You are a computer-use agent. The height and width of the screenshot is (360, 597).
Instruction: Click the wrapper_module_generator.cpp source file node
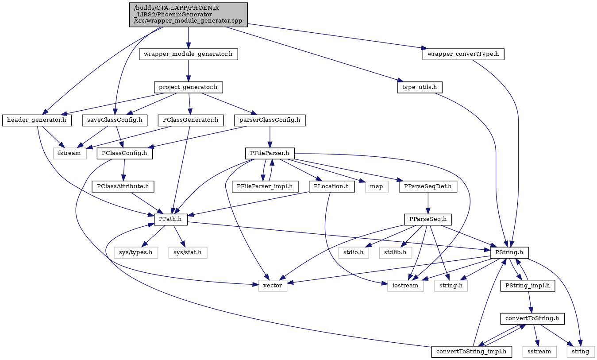click(x=189, y=15)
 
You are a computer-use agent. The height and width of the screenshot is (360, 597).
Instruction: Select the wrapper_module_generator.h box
click(x=188, y=54)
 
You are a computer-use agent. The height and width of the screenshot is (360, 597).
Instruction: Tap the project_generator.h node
click(x=188, y=87)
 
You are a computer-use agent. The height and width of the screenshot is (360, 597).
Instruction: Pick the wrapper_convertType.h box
click(x=463, y=54)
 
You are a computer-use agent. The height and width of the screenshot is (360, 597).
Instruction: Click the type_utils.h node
click(x=420, y=87)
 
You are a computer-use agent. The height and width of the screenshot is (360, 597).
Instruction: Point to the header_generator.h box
click(x=37, y=120)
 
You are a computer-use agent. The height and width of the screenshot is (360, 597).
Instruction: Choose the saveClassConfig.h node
click(x=115, y=120)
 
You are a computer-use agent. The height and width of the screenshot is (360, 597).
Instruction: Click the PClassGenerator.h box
click(x=191, y=120)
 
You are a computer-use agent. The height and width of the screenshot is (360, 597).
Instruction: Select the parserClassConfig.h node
click(x=270, y=120)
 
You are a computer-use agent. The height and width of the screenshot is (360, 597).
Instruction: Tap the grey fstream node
click(x=69, y=153)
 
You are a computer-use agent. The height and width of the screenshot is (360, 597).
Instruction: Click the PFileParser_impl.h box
click(x=265, y=186)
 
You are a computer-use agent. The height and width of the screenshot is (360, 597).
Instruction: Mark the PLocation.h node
click(x=331, y=186)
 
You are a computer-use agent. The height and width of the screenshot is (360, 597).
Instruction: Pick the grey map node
click(x=376, y=186)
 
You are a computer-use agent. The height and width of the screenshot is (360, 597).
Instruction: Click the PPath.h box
click(x=170, y=220)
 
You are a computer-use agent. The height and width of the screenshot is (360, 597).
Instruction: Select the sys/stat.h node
click(x=188, y=252)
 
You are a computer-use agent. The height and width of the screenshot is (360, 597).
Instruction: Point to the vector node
click(x=273, y=286)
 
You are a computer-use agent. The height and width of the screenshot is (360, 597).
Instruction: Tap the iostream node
click(x=405, y=286)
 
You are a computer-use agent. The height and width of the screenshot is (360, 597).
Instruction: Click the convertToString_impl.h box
click(x=471, y=352)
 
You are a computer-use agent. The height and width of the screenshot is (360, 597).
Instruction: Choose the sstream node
click(x=539, y=352)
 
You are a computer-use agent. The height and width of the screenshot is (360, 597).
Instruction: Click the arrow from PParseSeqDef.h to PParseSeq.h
click(x=428, y=203)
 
